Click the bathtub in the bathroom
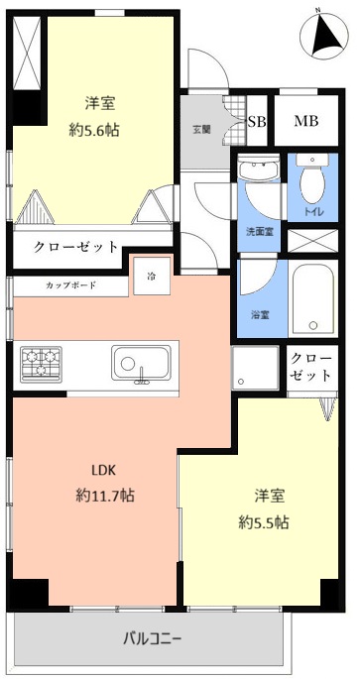[314, 299]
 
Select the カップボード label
[70, 284]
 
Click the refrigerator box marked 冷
[152, 276]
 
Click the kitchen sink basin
[138, 364]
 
